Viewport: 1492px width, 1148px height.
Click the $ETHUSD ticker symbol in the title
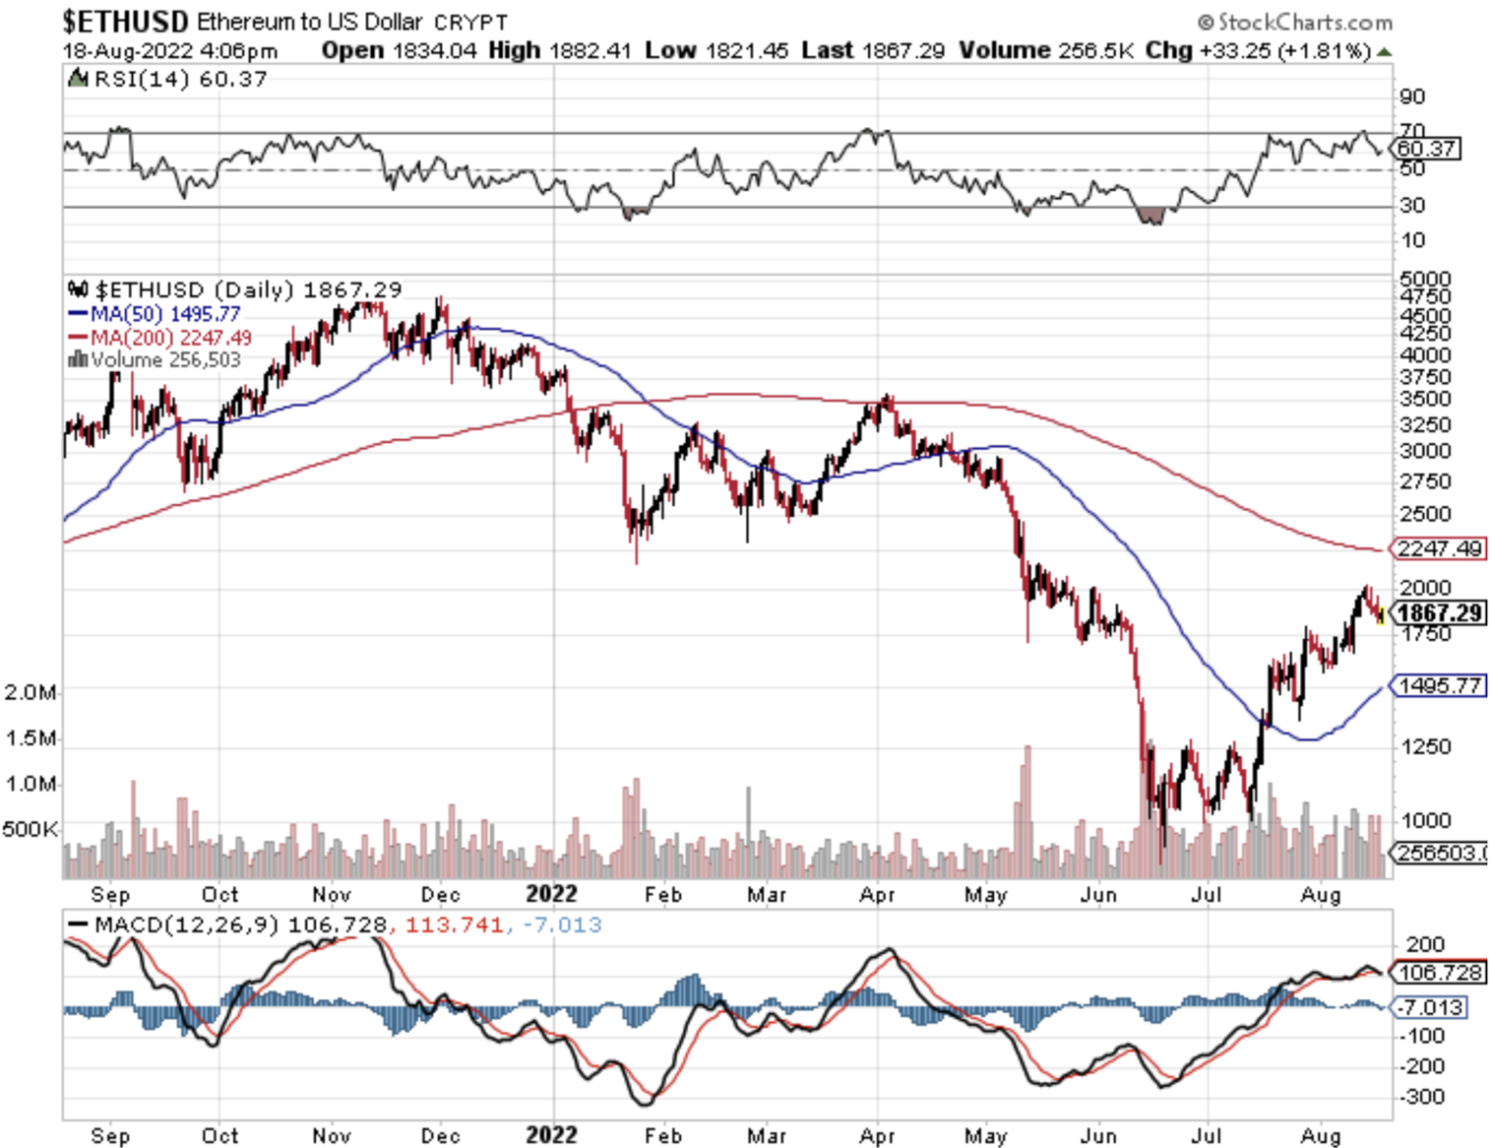[125, 20]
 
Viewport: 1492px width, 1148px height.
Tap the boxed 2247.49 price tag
[1440, 549]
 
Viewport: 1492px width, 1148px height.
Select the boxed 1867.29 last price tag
[1440, 613]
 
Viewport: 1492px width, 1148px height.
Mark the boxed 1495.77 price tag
[1440, 686]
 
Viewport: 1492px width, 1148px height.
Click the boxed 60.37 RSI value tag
[1426, 149]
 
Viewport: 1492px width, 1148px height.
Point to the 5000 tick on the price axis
[1425, 279]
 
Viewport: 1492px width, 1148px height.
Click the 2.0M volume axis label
[31, 692]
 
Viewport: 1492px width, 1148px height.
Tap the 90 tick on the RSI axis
[1412, 96]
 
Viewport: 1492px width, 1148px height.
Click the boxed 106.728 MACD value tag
[1440, 972]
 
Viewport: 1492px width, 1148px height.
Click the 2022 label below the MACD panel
[551, 1135]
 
